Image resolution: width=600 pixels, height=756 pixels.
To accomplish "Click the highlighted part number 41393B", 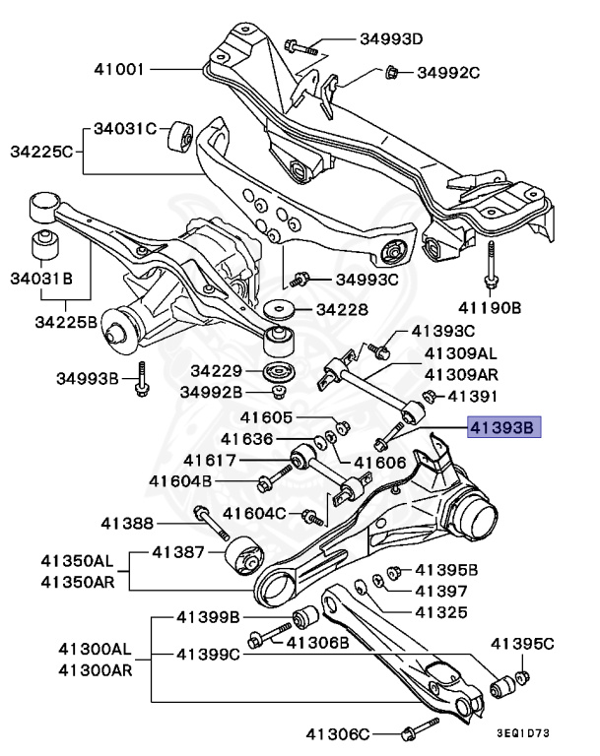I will (x=502, y=428).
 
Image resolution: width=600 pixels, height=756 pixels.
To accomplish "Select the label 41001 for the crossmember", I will (x=120, y=70).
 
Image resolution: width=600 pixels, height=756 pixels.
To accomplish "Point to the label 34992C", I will (x=447, y=72).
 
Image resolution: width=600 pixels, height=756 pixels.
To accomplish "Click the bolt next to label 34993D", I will (x=300, y=45).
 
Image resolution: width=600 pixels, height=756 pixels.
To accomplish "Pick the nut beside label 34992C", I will (x=391, y=72).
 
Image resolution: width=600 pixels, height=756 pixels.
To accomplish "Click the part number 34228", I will (x=341, y=309).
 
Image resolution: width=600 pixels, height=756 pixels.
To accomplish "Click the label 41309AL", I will (x=461, y=352).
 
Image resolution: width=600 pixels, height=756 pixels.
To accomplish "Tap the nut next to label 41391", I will (x=430, y=397).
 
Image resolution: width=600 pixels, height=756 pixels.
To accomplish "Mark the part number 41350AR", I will (x=77, y=581).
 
